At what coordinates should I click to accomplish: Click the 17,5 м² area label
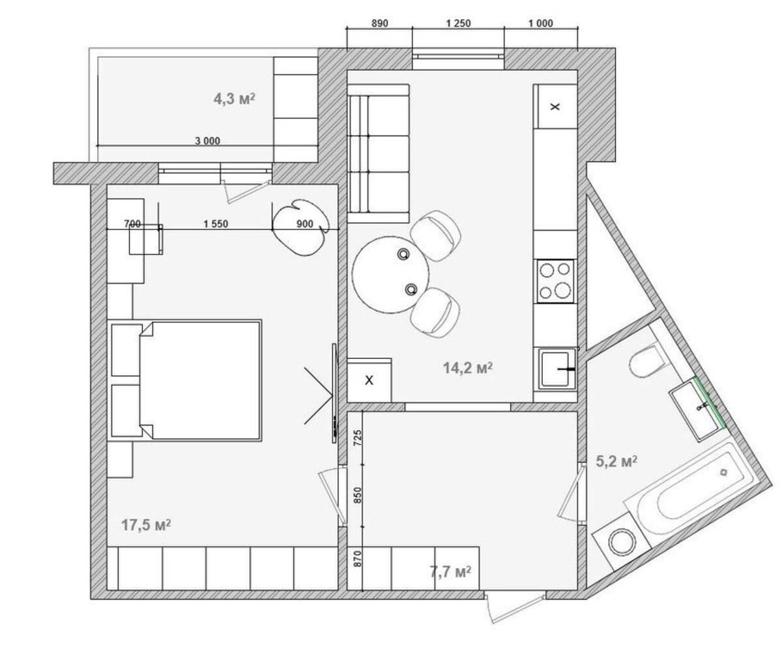point(146,525)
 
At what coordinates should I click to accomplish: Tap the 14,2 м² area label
point(468,368)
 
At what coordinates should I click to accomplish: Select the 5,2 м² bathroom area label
point(616,461)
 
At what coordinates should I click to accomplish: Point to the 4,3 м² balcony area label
point(235,99)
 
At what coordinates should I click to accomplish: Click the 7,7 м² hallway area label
point(450,571)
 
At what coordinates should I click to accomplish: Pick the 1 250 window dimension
point(458,23)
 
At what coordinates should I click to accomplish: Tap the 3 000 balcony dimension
point(207,141)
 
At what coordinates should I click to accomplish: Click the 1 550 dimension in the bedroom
point(216,224)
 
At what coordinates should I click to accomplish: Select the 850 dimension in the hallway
point(358,495)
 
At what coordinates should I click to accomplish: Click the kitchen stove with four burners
point(555,281)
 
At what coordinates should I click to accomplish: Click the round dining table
point(390,274)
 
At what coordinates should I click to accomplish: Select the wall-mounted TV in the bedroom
point(334,393)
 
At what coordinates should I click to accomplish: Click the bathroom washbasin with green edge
point(697,409)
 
